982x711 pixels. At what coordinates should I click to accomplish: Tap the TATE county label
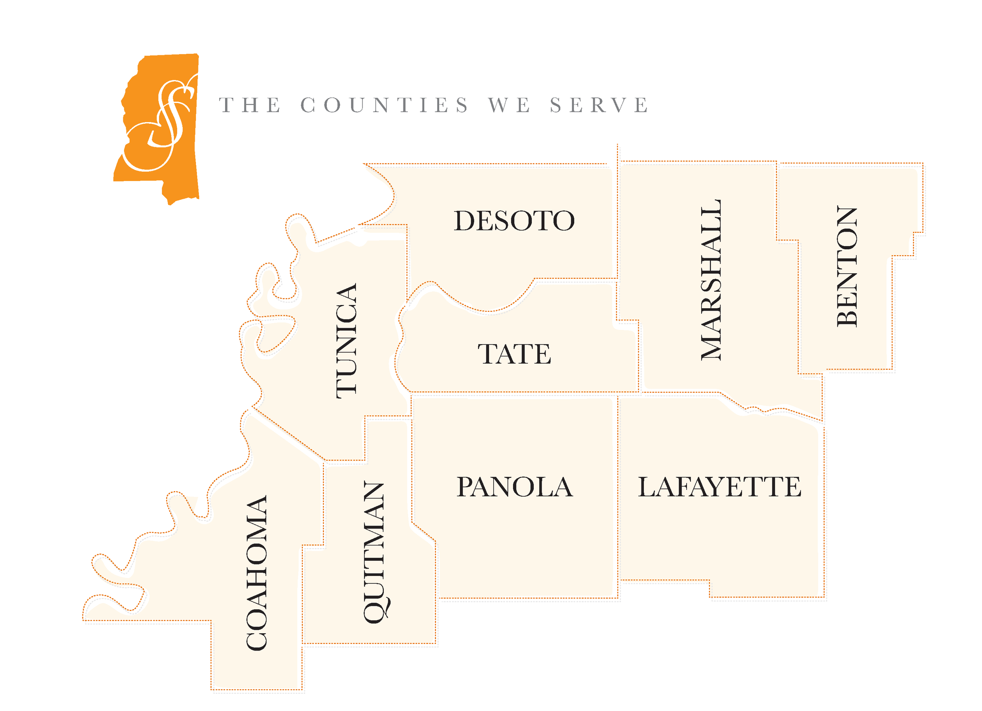coord(515,354)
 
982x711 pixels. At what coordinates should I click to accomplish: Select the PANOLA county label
coord(515,487)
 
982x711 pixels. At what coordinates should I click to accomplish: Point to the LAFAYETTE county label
coord(720,487)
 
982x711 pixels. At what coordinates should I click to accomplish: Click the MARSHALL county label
coord(711,280)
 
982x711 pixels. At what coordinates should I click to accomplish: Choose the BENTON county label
coord(847,266)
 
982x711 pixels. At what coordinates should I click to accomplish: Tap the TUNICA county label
coord(346,341)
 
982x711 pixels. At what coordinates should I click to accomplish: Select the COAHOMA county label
coord(257,572)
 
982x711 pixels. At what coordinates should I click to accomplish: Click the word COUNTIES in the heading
coord(385,105)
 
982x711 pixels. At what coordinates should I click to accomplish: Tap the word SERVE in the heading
coord(599,105)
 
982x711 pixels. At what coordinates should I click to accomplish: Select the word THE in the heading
coord(250,105)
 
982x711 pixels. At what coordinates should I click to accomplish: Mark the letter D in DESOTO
coord(465,221)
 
